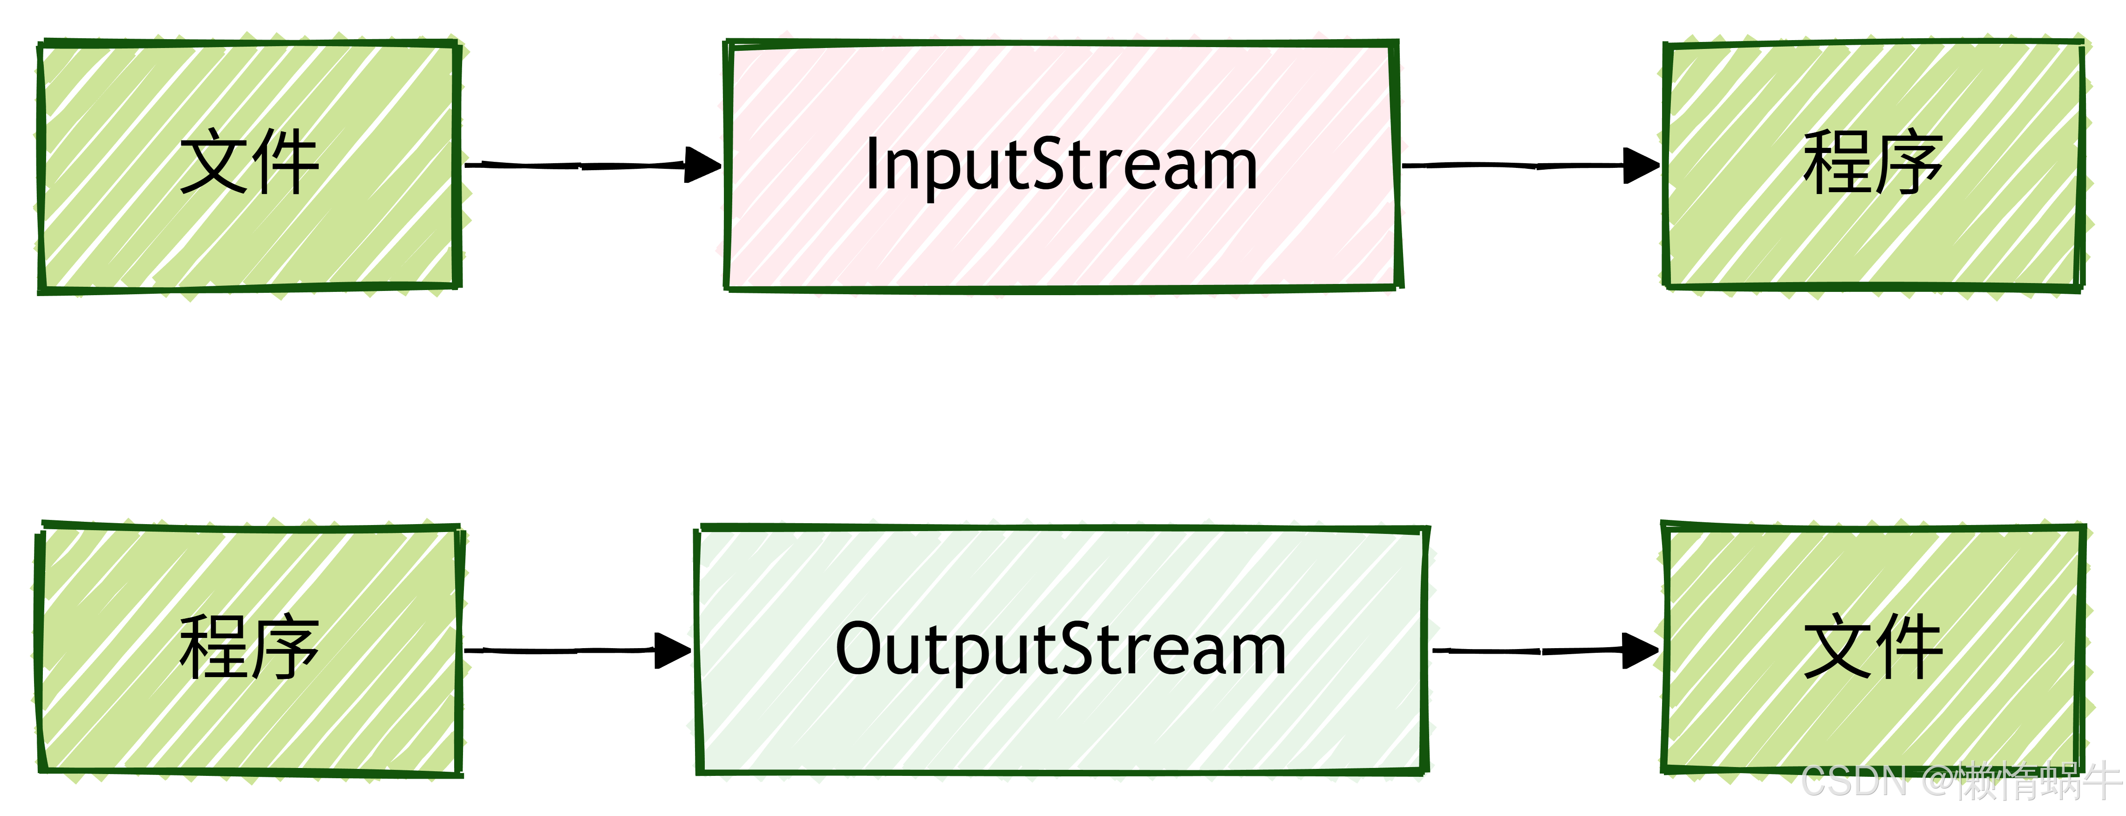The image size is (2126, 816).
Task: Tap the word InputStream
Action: point(1061,165)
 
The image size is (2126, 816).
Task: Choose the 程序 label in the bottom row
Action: point(249,648)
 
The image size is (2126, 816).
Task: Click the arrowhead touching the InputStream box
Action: point(703,165)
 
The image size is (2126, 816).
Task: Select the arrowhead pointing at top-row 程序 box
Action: point(1642,165)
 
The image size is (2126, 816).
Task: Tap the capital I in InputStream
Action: point(872,164)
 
